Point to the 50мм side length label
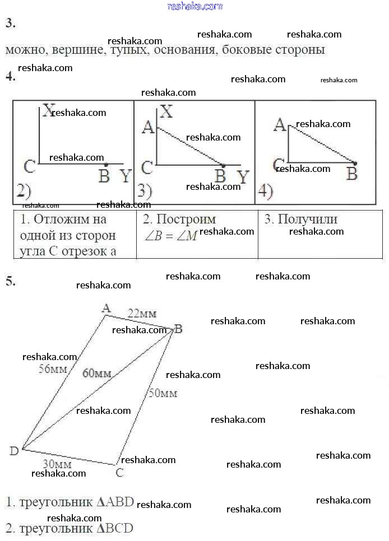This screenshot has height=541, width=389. [163, 393]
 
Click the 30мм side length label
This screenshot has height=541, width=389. [57, 464]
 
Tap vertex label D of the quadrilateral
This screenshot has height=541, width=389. [14, 451]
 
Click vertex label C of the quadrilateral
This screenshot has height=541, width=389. [119, 473]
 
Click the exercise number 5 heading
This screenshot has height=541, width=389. [10, 281]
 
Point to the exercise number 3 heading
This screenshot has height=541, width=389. [10, 23]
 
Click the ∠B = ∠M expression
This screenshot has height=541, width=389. [170, 236]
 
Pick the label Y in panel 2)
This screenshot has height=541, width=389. [126, 176]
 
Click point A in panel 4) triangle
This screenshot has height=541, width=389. [279, 124]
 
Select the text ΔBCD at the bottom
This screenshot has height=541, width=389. [115, 528]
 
